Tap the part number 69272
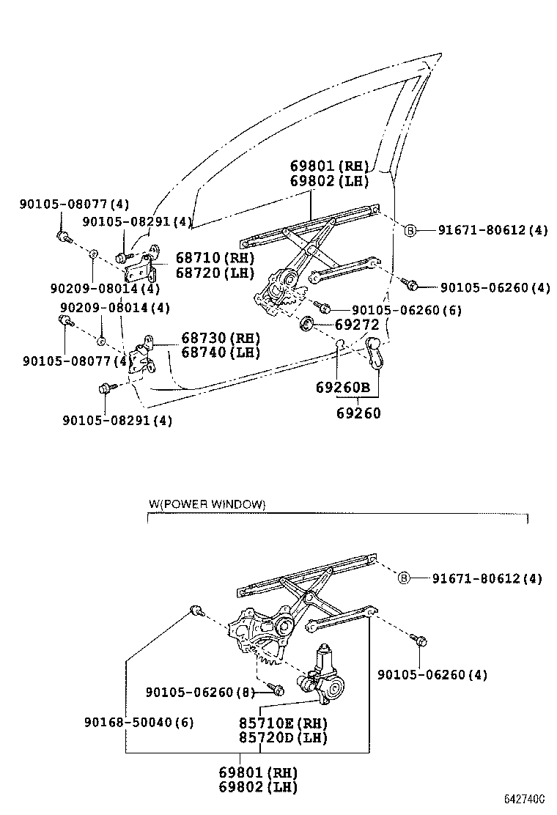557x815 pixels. [357, 324]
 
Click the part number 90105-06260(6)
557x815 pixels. [407, 310]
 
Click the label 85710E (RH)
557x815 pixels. [282, 722]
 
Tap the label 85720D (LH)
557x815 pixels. [282, 737]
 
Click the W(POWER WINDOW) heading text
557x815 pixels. [207, 504]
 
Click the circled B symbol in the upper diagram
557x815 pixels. [410, 230]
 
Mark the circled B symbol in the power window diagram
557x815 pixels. [404, 578]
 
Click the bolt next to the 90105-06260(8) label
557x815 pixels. [277, 690]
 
